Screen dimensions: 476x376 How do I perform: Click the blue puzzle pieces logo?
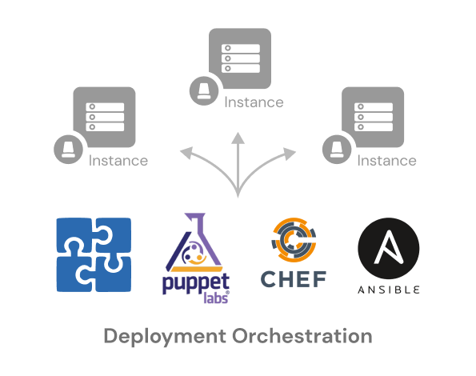[x=94, y=255]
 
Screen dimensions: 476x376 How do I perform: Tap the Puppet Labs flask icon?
[x=194, y=242]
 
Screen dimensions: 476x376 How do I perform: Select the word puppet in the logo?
[x=196, y=284]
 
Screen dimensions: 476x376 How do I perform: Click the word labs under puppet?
[x=216, y=298]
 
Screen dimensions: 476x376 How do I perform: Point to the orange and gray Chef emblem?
[x=294, y=240]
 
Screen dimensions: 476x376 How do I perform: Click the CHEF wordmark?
[x=294, y=279]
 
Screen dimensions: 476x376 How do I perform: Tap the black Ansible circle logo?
[x=389, y=248]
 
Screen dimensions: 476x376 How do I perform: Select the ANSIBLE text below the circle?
[x=389, y=290]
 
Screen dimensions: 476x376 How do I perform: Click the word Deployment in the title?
[x=165, y=337]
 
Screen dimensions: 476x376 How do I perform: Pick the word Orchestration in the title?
[x=302, y=336]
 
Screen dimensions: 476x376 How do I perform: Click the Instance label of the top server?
[x=254, y=102]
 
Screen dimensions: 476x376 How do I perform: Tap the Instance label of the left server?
[x=118, y=161]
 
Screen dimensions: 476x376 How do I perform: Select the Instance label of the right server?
[x=386, y=161]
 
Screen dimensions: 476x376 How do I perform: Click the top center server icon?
[x=240, y=58]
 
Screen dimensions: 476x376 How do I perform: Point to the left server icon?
[x=104, y=117]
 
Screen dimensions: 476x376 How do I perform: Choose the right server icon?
[x=373, y=117]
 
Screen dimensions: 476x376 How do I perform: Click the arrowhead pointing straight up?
[x=238, y=138]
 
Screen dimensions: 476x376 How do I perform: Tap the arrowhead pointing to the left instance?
[x=186, y=152]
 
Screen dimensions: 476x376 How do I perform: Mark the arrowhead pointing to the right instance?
[x=290, y=154]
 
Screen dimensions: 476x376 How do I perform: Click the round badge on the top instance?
[x=204, y=90]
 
